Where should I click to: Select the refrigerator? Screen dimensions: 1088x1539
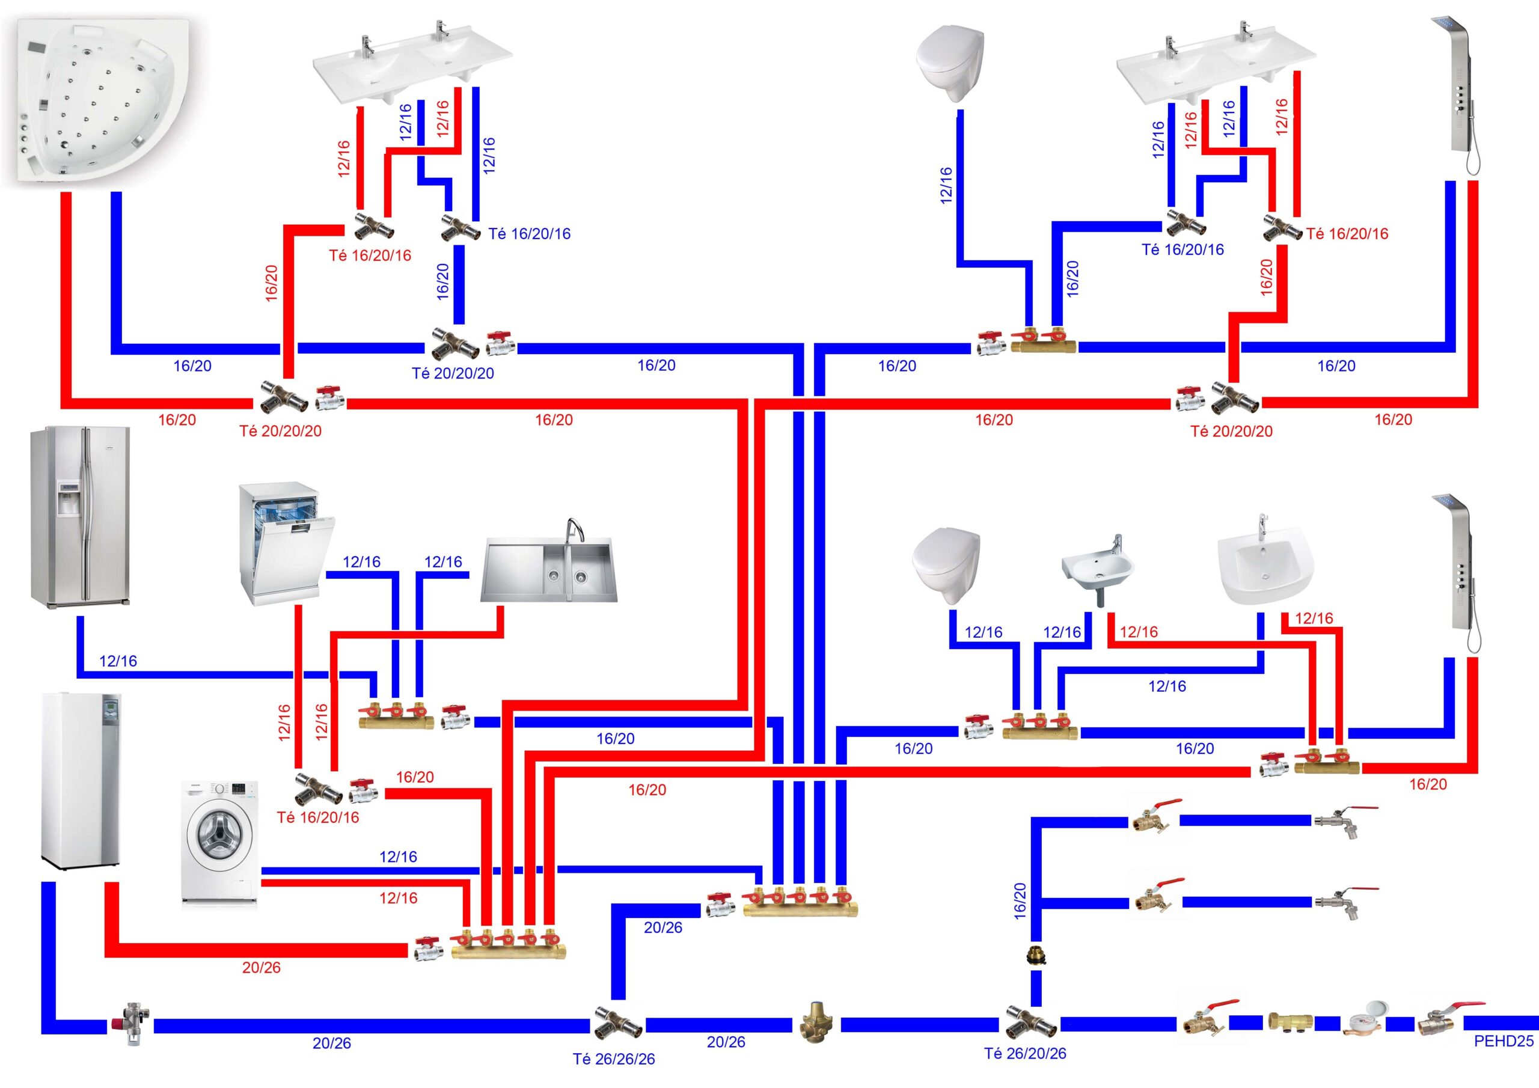point(80,516)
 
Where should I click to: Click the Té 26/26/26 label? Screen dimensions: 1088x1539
point(613,1059)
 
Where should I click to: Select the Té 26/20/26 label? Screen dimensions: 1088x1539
point(1025,1054)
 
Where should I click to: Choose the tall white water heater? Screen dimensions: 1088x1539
point(81,781)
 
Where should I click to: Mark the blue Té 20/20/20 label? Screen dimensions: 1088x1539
point(453,373)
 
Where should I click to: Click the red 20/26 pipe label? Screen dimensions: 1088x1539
point(262,967)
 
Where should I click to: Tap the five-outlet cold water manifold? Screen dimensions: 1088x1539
point(800,903)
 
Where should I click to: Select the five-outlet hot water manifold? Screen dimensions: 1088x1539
point(508,945)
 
